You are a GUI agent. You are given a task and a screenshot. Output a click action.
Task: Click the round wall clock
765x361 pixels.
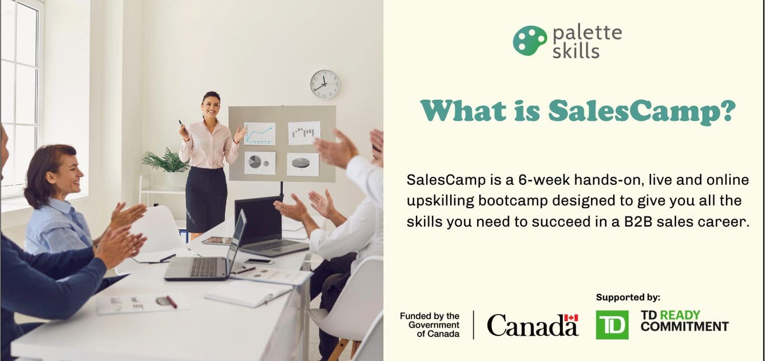[325, 85]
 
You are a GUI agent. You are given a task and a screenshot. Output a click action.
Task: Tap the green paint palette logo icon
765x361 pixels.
[530, 41]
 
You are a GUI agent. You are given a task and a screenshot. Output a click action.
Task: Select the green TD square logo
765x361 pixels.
[612, 325]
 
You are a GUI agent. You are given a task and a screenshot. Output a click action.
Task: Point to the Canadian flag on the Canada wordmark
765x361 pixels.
[571, 318]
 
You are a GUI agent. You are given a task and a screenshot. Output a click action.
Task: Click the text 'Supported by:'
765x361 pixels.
[628, 297]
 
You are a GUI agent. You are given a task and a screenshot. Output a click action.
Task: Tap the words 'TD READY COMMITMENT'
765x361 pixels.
[684, 321]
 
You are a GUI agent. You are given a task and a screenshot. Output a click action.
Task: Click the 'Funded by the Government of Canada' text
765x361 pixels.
[430, 325]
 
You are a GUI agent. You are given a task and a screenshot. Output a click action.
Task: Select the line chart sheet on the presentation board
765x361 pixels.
[259, 134]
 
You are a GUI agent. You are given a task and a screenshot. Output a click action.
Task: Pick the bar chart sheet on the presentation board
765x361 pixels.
[304, 133]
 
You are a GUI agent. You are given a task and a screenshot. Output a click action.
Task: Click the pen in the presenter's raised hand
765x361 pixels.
[183, 127]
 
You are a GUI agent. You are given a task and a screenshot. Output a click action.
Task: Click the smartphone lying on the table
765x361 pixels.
[259, 261]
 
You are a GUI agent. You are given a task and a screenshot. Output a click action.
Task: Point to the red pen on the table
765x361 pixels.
[171, 302]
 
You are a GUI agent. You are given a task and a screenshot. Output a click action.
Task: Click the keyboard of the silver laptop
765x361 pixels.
[204, 267]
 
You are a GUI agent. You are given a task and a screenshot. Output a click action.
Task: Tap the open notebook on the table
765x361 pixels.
[249, 293]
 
